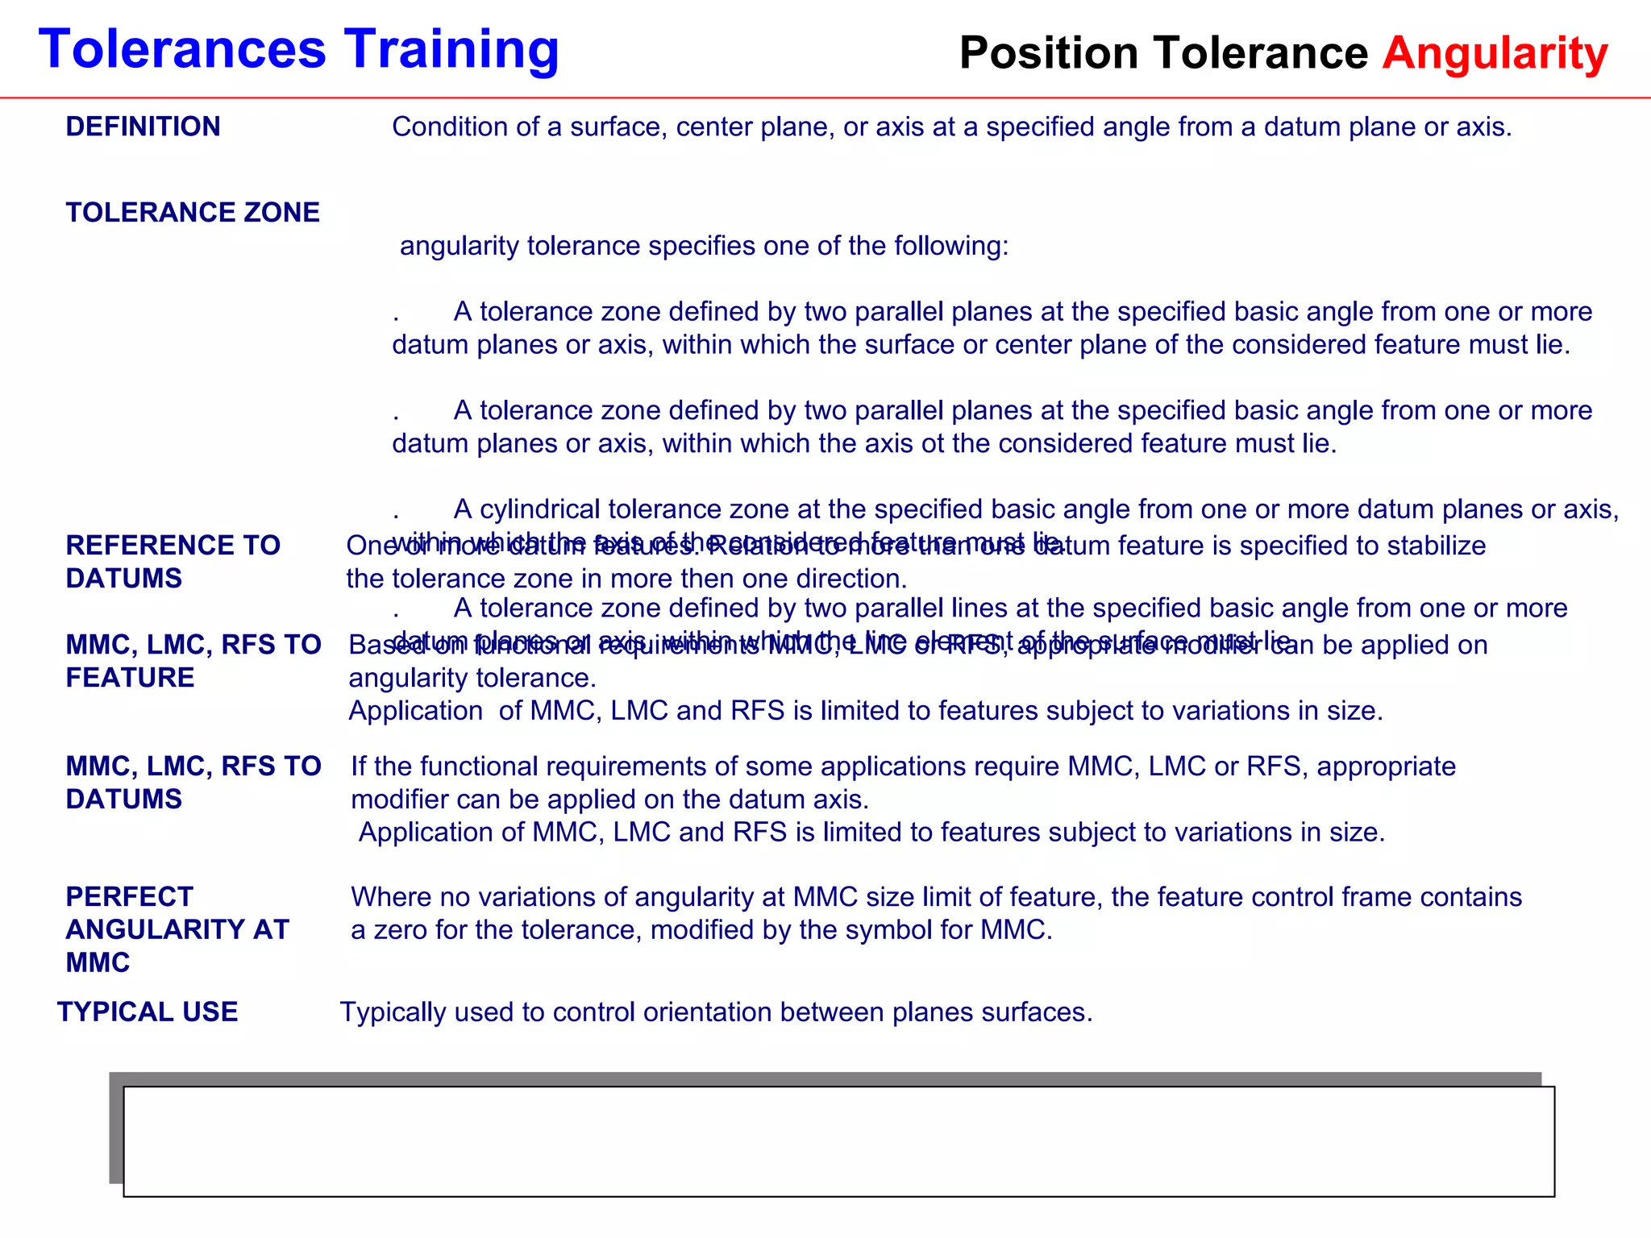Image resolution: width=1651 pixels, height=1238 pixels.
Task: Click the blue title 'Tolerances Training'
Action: coord(298,50)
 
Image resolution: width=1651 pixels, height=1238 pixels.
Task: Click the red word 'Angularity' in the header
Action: coord(1495,53)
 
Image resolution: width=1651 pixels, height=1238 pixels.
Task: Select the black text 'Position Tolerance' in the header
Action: coord(1163,53)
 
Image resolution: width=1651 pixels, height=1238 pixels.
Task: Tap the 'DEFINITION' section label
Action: coord(143,127)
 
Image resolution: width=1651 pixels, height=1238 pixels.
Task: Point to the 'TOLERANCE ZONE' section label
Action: coord(193,212)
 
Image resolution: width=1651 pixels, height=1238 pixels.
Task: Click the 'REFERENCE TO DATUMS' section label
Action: coord(173,562)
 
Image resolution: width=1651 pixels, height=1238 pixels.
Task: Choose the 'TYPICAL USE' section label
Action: coord(148,1012)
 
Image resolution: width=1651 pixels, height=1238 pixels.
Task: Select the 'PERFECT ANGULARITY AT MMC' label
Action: coord(177,929)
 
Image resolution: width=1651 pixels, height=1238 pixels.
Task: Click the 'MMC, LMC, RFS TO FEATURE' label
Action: coord(193,661)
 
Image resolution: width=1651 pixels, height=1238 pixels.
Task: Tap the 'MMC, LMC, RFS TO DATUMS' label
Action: coord(193,782)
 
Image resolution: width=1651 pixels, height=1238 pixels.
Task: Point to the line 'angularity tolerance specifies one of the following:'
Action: coord(704,245)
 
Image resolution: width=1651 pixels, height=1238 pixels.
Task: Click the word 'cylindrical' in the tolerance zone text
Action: coord(539,509)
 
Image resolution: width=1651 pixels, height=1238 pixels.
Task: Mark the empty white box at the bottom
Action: coord(838,1141)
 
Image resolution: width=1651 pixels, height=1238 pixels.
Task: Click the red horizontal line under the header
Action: coord(825,98)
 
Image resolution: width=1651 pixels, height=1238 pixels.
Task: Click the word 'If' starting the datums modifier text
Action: coord(359,766)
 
